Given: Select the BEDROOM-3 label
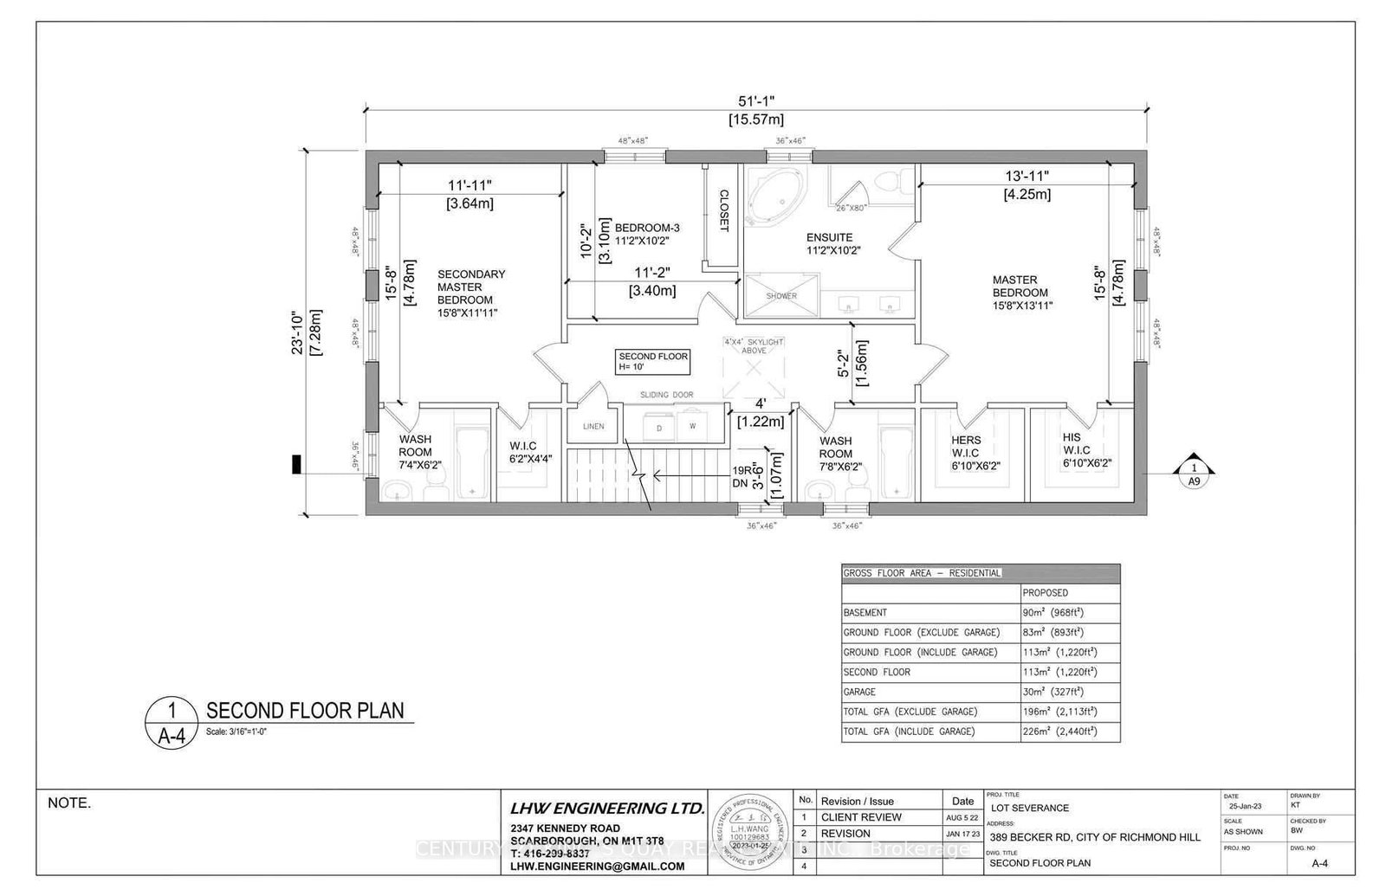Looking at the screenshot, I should click(647, 234).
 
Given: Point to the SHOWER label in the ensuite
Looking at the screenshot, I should click(781, 296).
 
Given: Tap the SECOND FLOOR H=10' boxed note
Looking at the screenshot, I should click(653, 362).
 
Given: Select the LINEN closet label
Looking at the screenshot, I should click(593, 426).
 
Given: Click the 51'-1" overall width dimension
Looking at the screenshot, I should click(756, 102).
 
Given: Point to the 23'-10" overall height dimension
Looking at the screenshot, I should click(299, 332).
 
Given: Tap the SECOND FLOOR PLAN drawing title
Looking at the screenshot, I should click(305, 711).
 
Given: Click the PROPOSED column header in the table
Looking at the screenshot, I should click(1045, 593).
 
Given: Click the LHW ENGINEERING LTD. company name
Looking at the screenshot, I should click(606, 808).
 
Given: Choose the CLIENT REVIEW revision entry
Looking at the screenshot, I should click(861, 817).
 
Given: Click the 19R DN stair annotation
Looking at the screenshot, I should click(741, 477).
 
